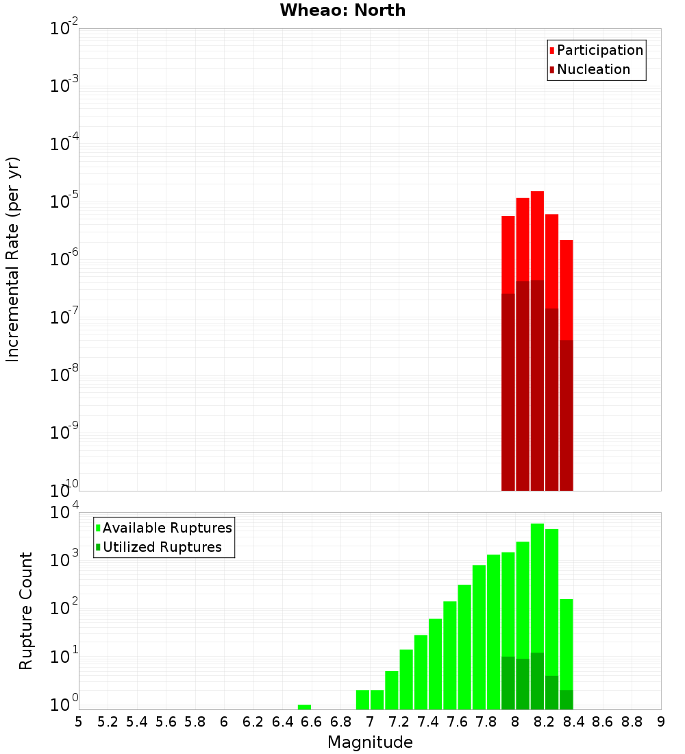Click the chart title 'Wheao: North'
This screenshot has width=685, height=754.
coord(342,10)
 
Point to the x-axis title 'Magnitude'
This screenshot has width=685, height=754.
coord(370,742)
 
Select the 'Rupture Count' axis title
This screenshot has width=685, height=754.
coord(26,611)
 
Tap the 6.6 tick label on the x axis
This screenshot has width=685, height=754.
coord(312,722)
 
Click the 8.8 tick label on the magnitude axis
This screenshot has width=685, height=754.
coord(632,722)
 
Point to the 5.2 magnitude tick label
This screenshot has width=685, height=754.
coord(108,722)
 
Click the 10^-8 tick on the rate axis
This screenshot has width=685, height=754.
coord(64,375)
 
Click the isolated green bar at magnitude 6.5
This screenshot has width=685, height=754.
coord(304,707)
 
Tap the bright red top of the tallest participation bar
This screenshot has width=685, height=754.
coord(537,233)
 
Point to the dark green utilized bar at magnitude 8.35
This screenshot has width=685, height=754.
coord(566,700)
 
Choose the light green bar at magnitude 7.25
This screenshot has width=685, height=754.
coord(406,679)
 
